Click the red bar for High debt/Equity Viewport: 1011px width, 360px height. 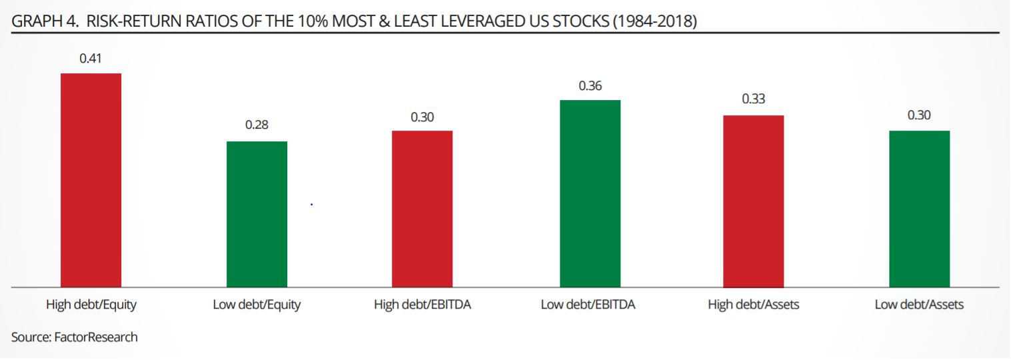pyautogui.click(x=91, y=180)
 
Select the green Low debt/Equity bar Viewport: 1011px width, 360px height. pyautogui.click(x=257, y=214)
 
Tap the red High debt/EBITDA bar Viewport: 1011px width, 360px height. pyautogui.click(x=422, y=209)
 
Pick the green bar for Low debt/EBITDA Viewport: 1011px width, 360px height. pyautogui.click(x=590, y=193)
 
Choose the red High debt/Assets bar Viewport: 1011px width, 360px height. pyautogui.click(x=753, y=201)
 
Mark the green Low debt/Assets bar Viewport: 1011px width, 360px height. pyautogui.click(x=919, y=209)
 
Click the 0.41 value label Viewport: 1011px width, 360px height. pyautogui.click(x=91, y=58)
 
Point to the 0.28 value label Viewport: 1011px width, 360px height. pyautogui.click(x=257, y=125)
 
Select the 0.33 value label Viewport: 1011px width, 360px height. pyautogui.click(x=753, y=100)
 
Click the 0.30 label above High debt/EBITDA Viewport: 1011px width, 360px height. pyautogui.click(x=422, y=117)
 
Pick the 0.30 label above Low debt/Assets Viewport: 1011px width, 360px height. pyautogui.click(x=919, y=115)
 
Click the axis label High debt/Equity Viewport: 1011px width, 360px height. pyautogui.click(x=91, y=305)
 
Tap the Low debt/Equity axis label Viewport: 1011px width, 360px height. pyautogui.click(x=257, y=305)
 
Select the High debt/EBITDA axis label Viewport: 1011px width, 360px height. pyautogui.click(x=422, y=305)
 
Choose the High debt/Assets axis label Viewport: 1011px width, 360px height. pyautogui.click(x=753, y=305)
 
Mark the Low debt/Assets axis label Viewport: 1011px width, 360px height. pyautogui.click(x=919, y=305)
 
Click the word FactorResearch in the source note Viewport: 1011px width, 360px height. pyautogui.click(x=95, y=337)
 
